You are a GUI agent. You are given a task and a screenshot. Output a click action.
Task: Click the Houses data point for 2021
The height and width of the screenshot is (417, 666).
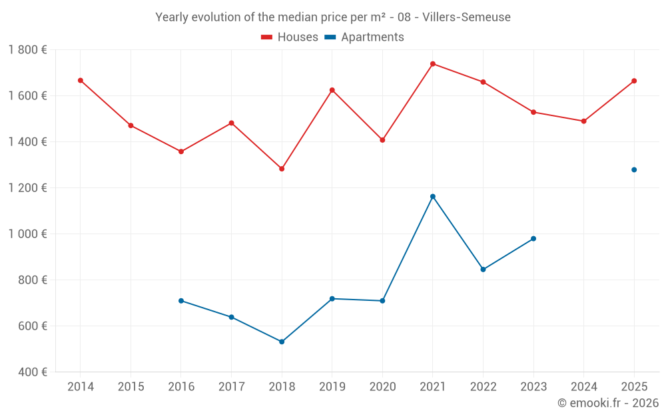coord(433,64)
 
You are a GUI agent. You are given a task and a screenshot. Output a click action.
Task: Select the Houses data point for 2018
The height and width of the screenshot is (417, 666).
coord(282,169)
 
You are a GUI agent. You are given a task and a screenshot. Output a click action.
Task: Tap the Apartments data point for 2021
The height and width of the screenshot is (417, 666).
coord(433,197)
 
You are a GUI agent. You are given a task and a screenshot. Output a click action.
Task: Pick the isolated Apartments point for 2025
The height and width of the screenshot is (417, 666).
coord(634,170)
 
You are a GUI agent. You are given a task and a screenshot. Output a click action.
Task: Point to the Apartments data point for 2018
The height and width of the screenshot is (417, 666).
coord(282,342)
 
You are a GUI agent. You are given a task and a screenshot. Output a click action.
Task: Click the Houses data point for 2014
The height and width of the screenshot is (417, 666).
coord(81,81)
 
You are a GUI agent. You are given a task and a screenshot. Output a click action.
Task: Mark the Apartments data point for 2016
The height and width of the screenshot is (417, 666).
coord(181,301)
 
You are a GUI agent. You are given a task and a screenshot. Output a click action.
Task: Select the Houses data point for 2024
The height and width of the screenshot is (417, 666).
coord(583,121)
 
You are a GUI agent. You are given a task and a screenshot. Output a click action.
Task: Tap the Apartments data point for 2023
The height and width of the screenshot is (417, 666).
coord(533,239)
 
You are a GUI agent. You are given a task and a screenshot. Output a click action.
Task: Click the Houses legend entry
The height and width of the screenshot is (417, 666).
coord(290,37)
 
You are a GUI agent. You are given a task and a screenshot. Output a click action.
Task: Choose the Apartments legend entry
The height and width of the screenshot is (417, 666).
coord(364,37)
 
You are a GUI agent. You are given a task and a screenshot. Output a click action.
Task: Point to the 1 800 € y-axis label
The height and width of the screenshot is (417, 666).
coord(27,50)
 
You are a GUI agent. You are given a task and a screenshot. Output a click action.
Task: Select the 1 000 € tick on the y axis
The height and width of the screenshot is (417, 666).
coord(27,234)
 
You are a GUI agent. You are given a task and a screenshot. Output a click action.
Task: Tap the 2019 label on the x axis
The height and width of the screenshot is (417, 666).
coord(332,387)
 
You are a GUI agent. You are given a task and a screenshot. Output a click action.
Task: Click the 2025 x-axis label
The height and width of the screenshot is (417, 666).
coord(634,387)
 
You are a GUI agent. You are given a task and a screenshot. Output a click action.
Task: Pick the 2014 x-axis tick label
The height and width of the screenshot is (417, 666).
coord(81,387)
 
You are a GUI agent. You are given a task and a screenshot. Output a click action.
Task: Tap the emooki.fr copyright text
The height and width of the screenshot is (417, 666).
coord(608,403)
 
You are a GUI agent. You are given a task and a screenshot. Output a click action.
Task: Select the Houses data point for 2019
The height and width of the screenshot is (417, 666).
coord(332,90)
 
